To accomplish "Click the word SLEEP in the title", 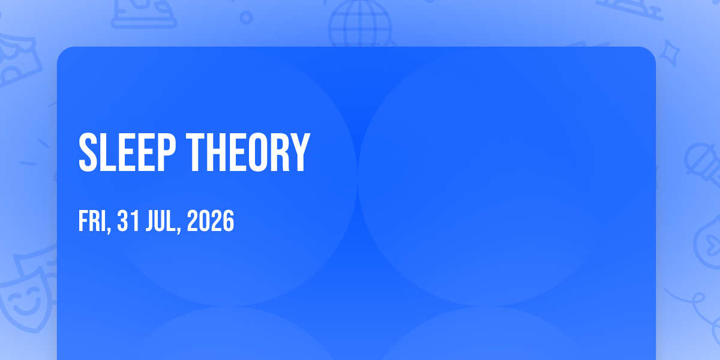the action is pos(127,152).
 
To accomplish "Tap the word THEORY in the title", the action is pos(248,152).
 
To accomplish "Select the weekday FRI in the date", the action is pos(93,221).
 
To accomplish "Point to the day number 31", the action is pos(128,221).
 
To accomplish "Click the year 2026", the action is pos(211,221).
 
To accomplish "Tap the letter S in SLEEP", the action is pos(88,152).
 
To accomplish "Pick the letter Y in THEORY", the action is pos(299,152).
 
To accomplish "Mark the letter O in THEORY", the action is pos(258,152).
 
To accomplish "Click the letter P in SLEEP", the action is pos(167,152).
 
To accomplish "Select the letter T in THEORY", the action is pos(196,152).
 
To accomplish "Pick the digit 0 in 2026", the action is pos(205,221).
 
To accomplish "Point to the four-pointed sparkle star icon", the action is pos(669,53).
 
